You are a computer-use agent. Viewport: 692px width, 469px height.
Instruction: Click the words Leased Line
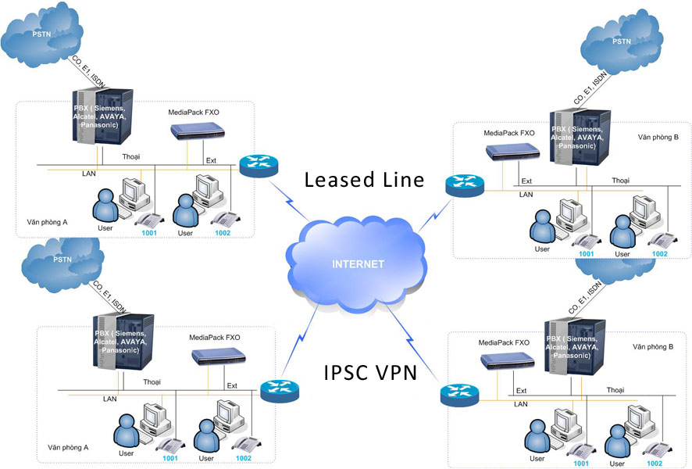click(364, 180)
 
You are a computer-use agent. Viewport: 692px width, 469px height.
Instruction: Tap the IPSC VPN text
click(369, 371)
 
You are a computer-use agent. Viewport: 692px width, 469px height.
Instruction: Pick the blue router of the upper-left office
click(254, 166)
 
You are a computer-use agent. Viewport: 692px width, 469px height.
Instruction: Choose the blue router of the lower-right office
click(455, 395)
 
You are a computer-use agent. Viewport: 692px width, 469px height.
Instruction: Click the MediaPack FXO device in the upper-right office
click(508, 152)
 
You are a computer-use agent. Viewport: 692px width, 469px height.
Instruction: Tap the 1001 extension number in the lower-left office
click(170, 458)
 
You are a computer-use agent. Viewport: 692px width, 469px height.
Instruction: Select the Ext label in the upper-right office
click(527, 181)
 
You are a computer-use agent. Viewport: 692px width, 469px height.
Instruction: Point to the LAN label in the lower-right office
click(519, 404)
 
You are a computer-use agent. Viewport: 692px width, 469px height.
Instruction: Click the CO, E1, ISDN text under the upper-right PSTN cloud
click(590, 88)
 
